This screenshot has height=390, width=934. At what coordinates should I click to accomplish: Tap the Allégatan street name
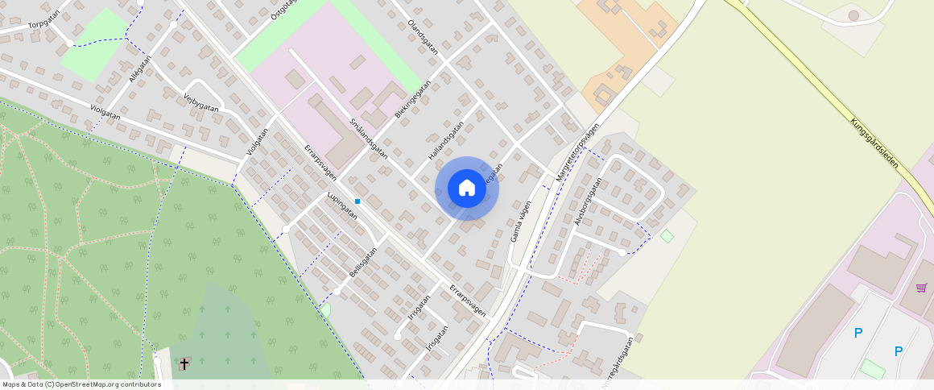(139, 70)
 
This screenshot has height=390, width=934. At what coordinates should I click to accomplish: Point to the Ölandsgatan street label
(424, 36)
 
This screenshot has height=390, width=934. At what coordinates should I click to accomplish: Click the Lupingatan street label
(341, 206)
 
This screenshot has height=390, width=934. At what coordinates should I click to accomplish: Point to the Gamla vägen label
(520, 221)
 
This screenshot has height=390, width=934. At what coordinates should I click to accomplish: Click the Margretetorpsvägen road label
(577, 152)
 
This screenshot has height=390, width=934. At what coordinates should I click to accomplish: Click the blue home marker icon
(466, 189)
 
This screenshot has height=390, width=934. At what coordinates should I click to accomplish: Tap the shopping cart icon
(921, 288)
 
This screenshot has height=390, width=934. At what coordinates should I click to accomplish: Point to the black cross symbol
(184, 364)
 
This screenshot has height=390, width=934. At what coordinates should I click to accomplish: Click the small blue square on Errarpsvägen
(357, 201)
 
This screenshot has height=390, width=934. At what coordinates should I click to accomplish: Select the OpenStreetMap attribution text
(81, 384)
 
